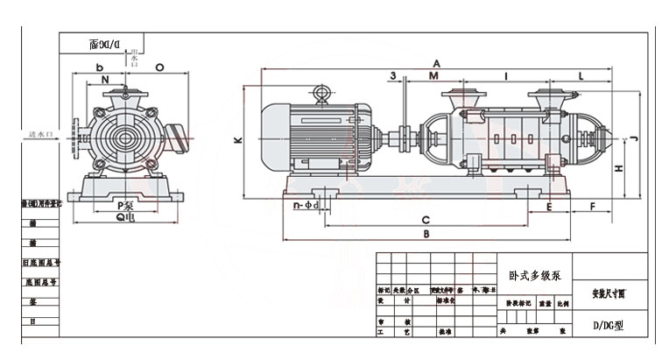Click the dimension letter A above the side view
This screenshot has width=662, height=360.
435,64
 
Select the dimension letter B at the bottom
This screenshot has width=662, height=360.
426,235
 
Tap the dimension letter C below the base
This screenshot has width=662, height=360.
425,218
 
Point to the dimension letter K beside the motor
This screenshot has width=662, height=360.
236,140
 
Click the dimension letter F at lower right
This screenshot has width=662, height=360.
592,207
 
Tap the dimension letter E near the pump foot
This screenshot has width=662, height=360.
548,207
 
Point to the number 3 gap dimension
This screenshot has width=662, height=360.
394,76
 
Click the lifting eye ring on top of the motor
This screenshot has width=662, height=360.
321,93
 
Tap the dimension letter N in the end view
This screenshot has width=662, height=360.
105,81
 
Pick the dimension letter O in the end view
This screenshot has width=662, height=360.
158,67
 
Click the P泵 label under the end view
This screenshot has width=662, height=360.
124,207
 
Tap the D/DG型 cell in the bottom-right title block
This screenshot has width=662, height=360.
606,325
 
